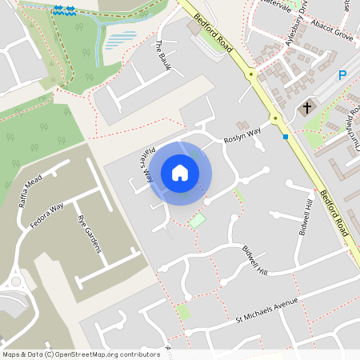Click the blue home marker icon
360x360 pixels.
point(180,173)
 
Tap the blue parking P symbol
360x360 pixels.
point(342,75)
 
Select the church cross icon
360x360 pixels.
point(306,106)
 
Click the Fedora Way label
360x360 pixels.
point(46,218)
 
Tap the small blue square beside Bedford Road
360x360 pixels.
point(286,137)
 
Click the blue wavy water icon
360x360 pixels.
point(64,10)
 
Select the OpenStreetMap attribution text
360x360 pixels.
point(81,354)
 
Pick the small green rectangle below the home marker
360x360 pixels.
point(197,220)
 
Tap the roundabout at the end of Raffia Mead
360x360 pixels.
point(15,282)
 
